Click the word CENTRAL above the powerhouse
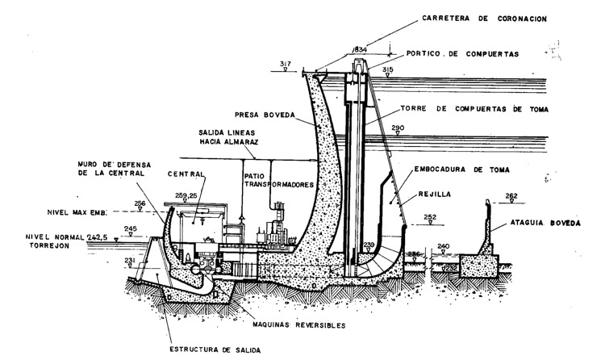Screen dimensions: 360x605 pos(186,173)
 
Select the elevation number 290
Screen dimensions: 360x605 pos(397,128)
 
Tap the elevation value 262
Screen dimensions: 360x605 pos(511,195)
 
